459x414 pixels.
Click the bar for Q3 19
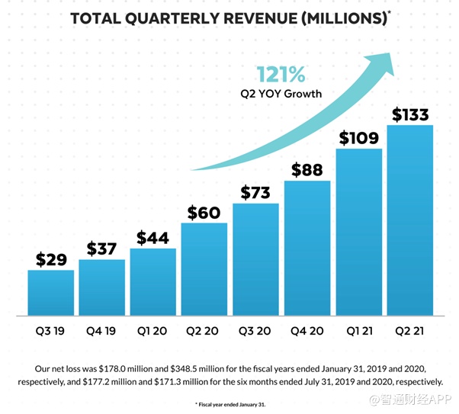pos(51,292)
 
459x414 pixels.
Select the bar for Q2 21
pos(409,220)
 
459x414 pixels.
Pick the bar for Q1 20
pos(153,281)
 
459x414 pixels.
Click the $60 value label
pos(204,212)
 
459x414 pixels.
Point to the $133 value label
pos(409,114)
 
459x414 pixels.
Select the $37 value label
pos(101,249)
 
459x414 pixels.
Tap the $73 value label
pos(255,192)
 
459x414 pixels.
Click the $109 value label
pos(358,138)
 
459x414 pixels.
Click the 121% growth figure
pos(281,75)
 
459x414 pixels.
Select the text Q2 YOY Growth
pos(281,95)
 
